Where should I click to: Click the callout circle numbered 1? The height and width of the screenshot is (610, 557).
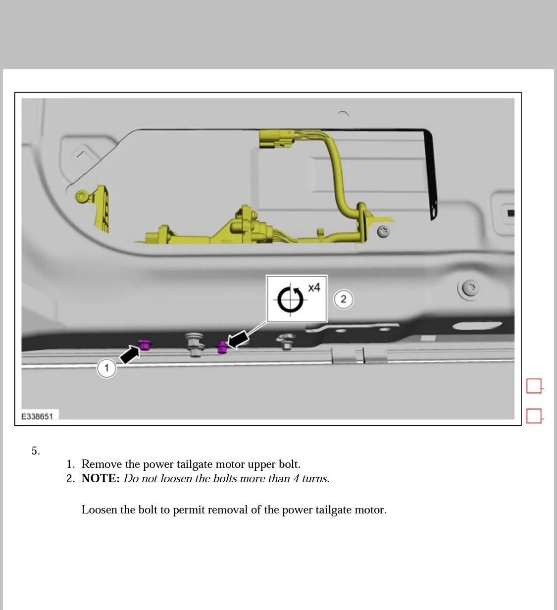[106, 368]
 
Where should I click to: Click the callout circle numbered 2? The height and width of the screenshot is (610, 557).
[344, 300]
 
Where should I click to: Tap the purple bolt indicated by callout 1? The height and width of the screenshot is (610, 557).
[145, 344]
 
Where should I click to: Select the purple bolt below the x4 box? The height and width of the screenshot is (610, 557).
[222, 347]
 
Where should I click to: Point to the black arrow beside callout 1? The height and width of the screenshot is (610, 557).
[129, 355]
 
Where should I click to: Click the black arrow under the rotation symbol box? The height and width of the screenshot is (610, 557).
[238, 340]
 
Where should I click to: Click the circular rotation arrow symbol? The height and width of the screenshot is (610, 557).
[290, 300]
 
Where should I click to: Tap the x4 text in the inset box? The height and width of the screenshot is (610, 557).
[314, 288]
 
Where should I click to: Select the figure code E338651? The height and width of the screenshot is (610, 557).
[37, 416]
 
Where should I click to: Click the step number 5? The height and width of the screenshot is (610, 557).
[35, 451]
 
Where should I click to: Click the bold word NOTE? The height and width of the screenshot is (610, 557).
[101, 478]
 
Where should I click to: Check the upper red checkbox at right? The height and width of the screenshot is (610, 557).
[534, 386]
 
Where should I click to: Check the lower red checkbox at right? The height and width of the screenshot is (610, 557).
[534, 416]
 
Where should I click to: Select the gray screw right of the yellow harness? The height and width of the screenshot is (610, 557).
[383, 231]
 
